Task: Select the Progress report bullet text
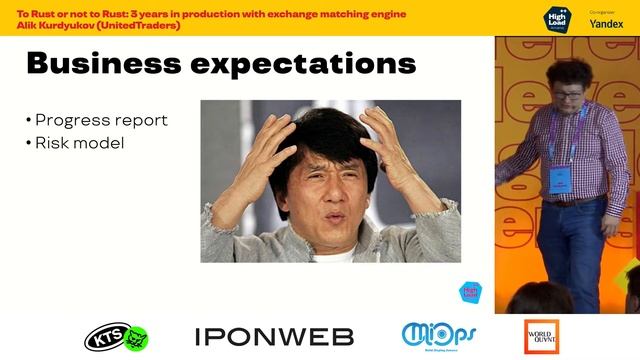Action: (101, 120)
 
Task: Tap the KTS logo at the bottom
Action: (117, 337)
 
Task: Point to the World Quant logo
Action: (541, 336)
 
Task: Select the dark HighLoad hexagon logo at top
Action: (555, 19)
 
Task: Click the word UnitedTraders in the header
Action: (149, 24)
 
